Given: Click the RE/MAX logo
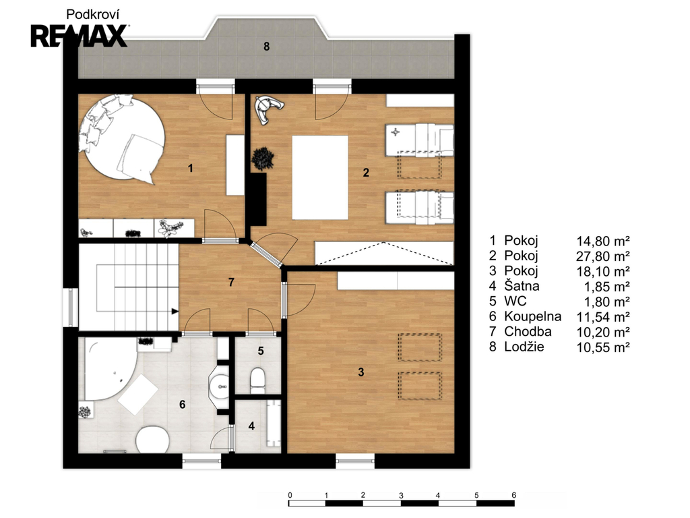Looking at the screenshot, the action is (80, 36).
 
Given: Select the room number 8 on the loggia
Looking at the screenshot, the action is (266, 47).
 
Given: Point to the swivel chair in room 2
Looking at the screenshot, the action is (268, 109).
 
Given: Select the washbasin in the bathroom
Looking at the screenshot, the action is (219, 387).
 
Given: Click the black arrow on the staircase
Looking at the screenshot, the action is (175, 312).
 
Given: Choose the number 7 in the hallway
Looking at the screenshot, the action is (232, 283).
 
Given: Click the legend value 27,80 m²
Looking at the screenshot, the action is (603, 256).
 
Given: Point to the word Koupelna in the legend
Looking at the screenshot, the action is (532, 316).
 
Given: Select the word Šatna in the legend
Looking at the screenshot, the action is (522, 285).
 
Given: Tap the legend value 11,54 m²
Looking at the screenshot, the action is (603, 317).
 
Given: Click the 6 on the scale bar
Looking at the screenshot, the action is (513, 495).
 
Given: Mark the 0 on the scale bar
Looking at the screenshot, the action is (290, 495).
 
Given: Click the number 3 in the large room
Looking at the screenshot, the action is (361, 372).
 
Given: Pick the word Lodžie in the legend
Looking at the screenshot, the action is (524, 347).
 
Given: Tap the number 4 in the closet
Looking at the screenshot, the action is (251, 426).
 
